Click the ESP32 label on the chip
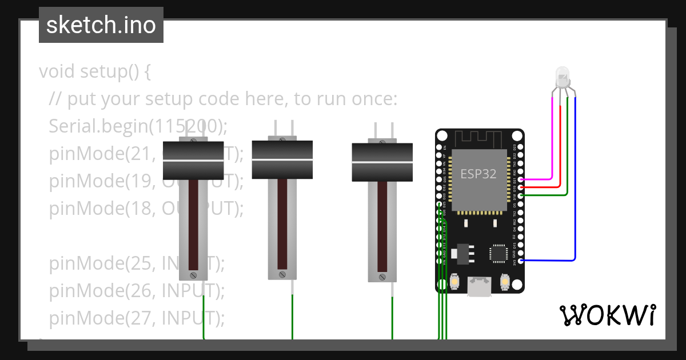pos(478,174)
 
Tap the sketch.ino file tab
pos(101,25)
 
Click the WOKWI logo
pos(607,315)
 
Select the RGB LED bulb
pos(563,77)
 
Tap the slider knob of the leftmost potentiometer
pos(193,161)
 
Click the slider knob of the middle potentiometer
pos(282,159)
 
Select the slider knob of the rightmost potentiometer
pos(382,162)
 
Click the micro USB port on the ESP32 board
pos(479,286)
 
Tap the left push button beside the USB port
pos(455,281)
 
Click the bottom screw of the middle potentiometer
pos(282,275)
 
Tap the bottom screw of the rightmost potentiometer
pos(382,277)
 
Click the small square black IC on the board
pos(498,253)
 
